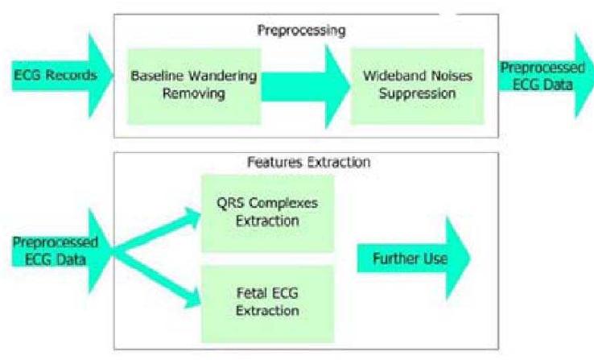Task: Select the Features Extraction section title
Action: [307, 161]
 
